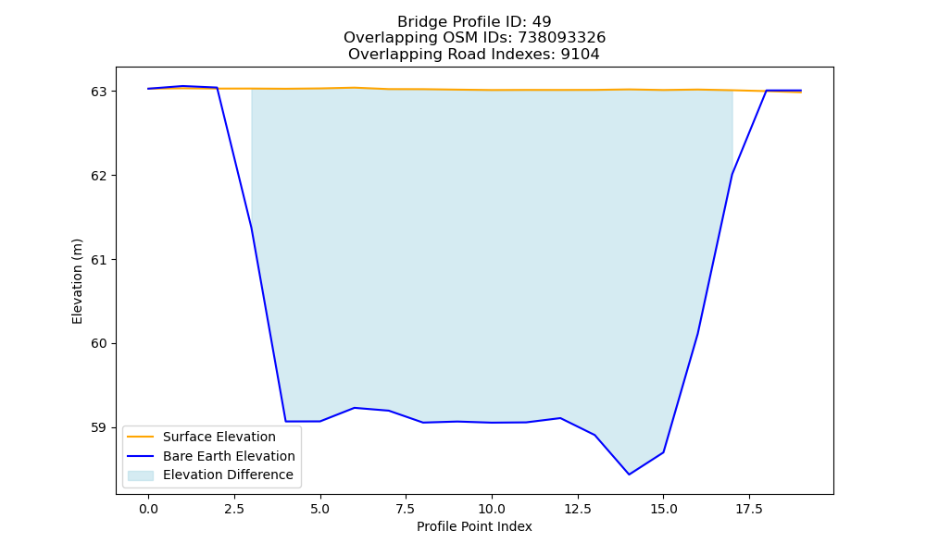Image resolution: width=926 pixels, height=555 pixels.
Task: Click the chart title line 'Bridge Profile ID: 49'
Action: [x=474, y=22]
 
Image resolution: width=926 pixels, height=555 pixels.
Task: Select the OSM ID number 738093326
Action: [x=562, y=38]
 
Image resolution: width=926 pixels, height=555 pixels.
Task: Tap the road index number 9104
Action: [x=580, y=55]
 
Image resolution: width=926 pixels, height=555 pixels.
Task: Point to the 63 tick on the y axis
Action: [x=99, y=92]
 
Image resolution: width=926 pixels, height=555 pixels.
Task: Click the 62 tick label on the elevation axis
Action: [x=99, y=176]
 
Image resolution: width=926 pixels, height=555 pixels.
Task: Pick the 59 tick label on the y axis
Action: [x=99, y=427]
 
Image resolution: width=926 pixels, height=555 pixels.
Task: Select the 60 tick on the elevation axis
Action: [x=99, y=343]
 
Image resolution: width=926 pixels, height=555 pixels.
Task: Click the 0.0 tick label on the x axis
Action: [x=148, y=509]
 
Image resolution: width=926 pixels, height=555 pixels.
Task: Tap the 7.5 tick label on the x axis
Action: [x=406, y=509]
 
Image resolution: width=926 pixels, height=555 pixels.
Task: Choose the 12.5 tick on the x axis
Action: [x=578, y=509]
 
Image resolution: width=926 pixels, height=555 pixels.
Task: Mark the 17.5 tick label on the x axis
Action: [x=749, y=509]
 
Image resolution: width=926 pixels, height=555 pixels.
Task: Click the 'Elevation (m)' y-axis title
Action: [x=77, y=281]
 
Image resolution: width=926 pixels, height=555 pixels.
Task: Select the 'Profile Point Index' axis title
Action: [x=474, y=526]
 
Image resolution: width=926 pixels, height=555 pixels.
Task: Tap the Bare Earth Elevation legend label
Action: [x=229, y=456]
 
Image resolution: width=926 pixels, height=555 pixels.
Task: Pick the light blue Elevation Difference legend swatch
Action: [x=141, y=475]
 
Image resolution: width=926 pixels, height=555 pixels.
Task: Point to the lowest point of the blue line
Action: [x=629, y=475]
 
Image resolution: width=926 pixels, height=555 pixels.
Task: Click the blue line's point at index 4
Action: [x=286, y=421]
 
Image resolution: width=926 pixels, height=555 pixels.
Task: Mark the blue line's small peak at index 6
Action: [x=355, y=408]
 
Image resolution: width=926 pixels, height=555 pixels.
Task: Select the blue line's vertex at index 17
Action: [x=732, y=175]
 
